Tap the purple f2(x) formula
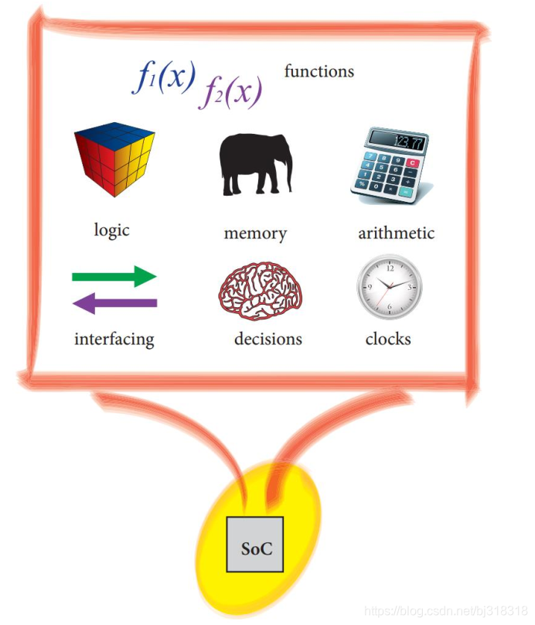[231, 94]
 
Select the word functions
[319, 72]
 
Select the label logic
[112, 230]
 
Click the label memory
[254, 233]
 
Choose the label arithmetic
[396, 233]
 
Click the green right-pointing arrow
[114, 276]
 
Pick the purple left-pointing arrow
[114, 303]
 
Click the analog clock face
[390, 287]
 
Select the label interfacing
[114, 339]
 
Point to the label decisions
[267, 339]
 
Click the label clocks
[388, 339]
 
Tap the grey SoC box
[254, 544]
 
